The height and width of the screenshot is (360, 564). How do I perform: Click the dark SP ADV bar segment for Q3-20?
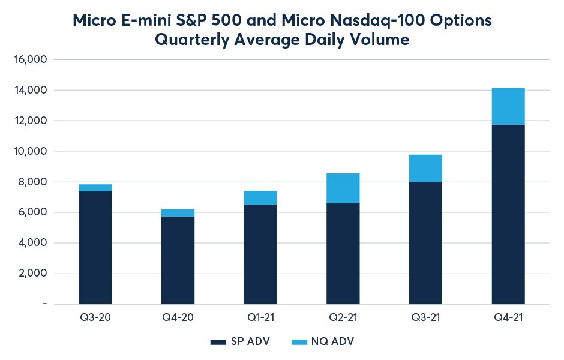(95, 247)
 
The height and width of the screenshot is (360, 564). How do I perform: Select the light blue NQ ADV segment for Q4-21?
(508, 106)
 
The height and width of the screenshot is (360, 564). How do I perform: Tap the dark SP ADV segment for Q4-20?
(178, 260)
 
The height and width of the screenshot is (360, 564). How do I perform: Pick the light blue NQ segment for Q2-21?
(343, 188)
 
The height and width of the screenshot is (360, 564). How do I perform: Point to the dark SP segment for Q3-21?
(425, 243)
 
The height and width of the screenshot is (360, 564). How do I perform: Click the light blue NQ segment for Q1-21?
(260, 197)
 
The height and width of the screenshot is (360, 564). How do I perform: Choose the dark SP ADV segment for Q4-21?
(508, 214)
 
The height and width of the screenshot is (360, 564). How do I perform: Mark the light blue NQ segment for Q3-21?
(425, 169)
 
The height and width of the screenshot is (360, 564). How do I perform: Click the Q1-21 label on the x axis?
(260, 318)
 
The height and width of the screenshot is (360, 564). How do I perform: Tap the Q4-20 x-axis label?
(178, 318)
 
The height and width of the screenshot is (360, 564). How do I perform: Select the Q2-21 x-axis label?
(343, 318)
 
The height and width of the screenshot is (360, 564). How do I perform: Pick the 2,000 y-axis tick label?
(32, 274)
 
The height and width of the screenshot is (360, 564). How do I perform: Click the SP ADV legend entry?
(240, 341)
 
